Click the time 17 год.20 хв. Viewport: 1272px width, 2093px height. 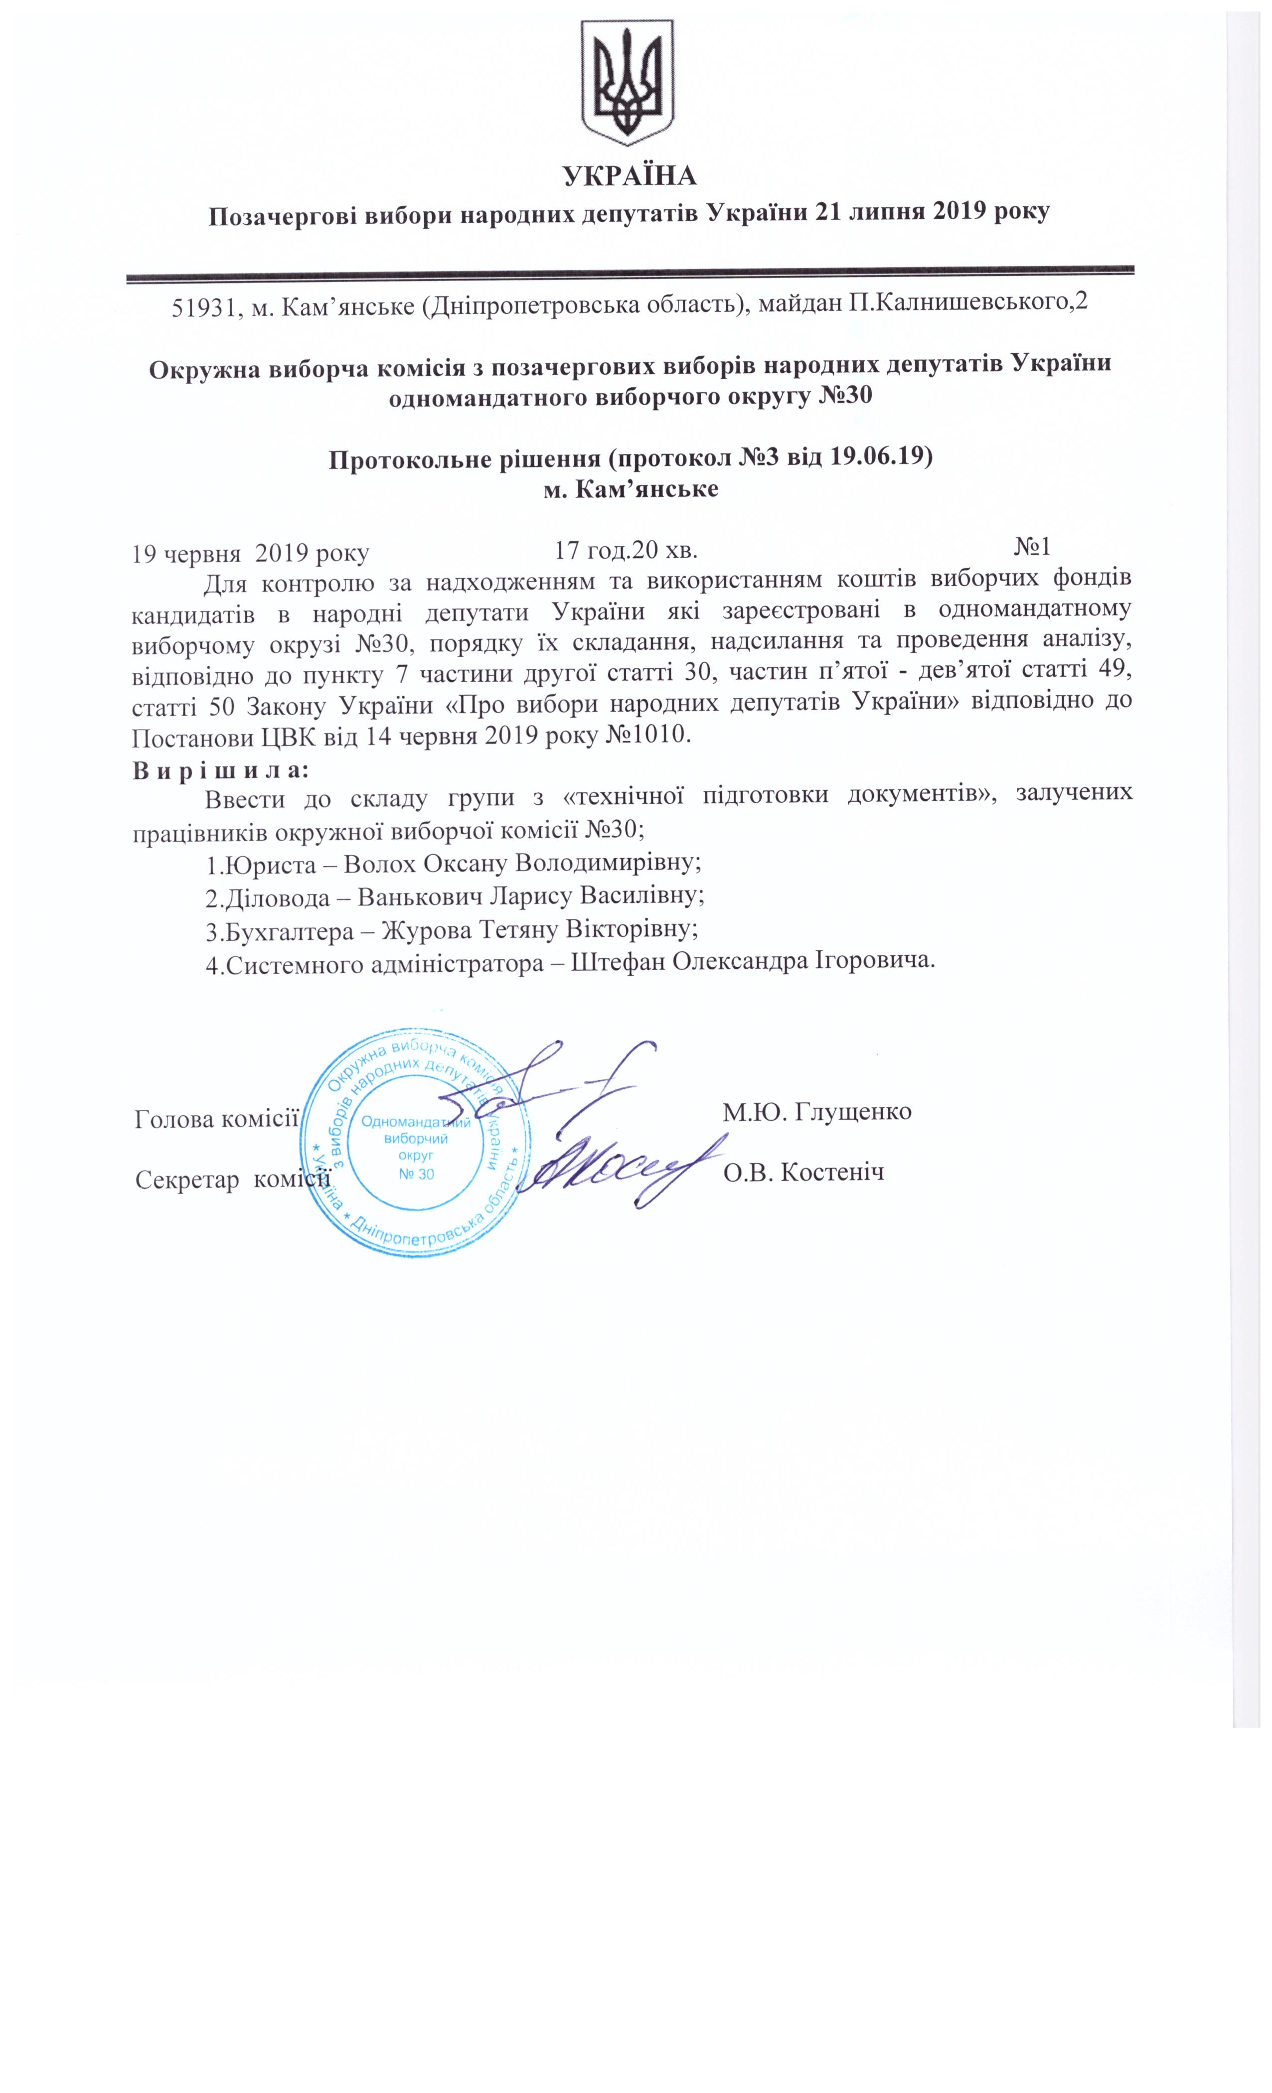pos(626,551)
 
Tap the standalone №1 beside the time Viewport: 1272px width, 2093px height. pos(1032,545)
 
